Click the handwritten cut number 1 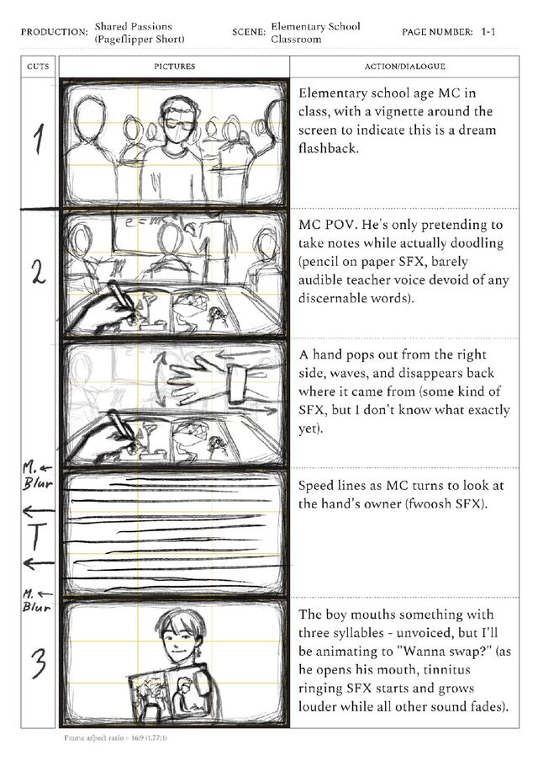[x=40, y=139]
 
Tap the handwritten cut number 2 [x=40, y=272]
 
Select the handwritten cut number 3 [x=40, y=663]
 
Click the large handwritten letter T [x=37, y=537]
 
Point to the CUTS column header [x=38, y=67]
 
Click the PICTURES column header [x=175, y=67]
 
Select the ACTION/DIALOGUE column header [x=404, y=67]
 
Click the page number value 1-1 [x=488, y=32]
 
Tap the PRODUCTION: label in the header [x=55, y=33]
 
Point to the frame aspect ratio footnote [x=116, y=738]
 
